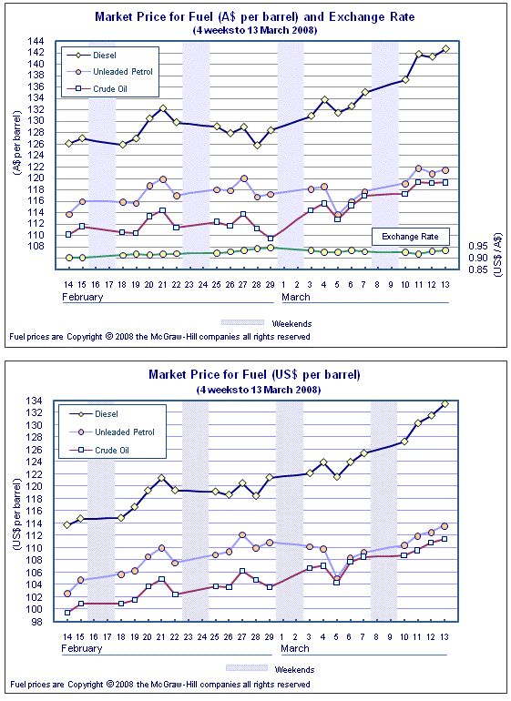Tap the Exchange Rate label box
410,237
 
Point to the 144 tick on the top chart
36,41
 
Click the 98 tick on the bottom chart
36,622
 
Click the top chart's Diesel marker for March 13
445,49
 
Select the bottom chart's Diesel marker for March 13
445,403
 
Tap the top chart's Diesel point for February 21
162,108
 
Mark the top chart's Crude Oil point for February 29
271,239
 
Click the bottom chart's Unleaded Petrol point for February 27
242,534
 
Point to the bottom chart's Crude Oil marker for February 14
67,613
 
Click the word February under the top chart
83,297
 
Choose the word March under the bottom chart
295,648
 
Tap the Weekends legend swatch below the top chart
243,322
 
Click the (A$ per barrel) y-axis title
17,142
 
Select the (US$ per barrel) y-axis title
17,514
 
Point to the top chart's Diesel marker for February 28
257,146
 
